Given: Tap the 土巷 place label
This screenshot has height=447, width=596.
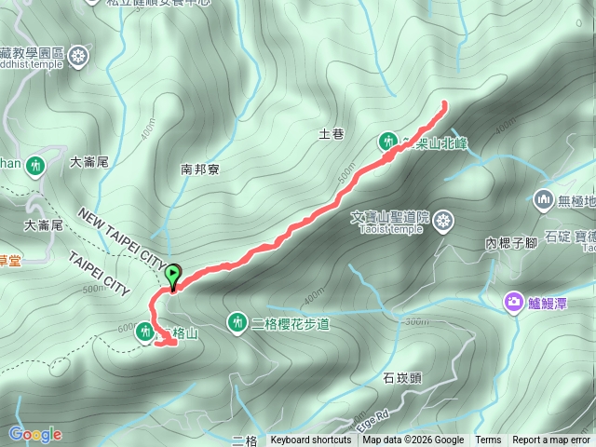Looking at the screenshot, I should pos(332,134).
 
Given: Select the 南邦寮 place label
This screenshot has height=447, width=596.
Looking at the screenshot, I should pos(199,169).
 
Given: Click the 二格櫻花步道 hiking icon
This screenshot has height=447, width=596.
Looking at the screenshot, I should pos(237,322).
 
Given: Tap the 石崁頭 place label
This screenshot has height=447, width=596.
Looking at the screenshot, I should pos(401,378).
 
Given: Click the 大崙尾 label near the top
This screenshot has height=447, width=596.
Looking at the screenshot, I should pos(89,161).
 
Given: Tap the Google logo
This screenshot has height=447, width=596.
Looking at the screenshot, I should pos(34,434).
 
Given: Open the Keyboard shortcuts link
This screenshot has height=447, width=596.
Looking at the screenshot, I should pos(311,440).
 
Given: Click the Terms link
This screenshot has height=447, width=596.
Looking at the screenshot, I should pos(488,440).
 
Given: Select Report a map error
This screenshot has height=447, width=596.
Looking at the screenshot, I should pos(551,440).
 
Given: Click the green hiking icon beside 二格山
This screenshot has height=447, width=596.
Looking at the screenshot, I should pos(144,332).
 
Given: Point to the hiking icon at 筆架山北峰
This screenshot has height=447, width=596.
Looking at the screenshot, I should pos(387,142).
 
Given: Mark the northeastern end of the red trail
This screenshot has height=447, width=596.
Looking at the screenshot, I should pos(444,102).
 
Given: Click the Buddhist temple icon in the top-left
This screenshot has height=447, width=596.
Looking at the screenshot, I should pos(78,56).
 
